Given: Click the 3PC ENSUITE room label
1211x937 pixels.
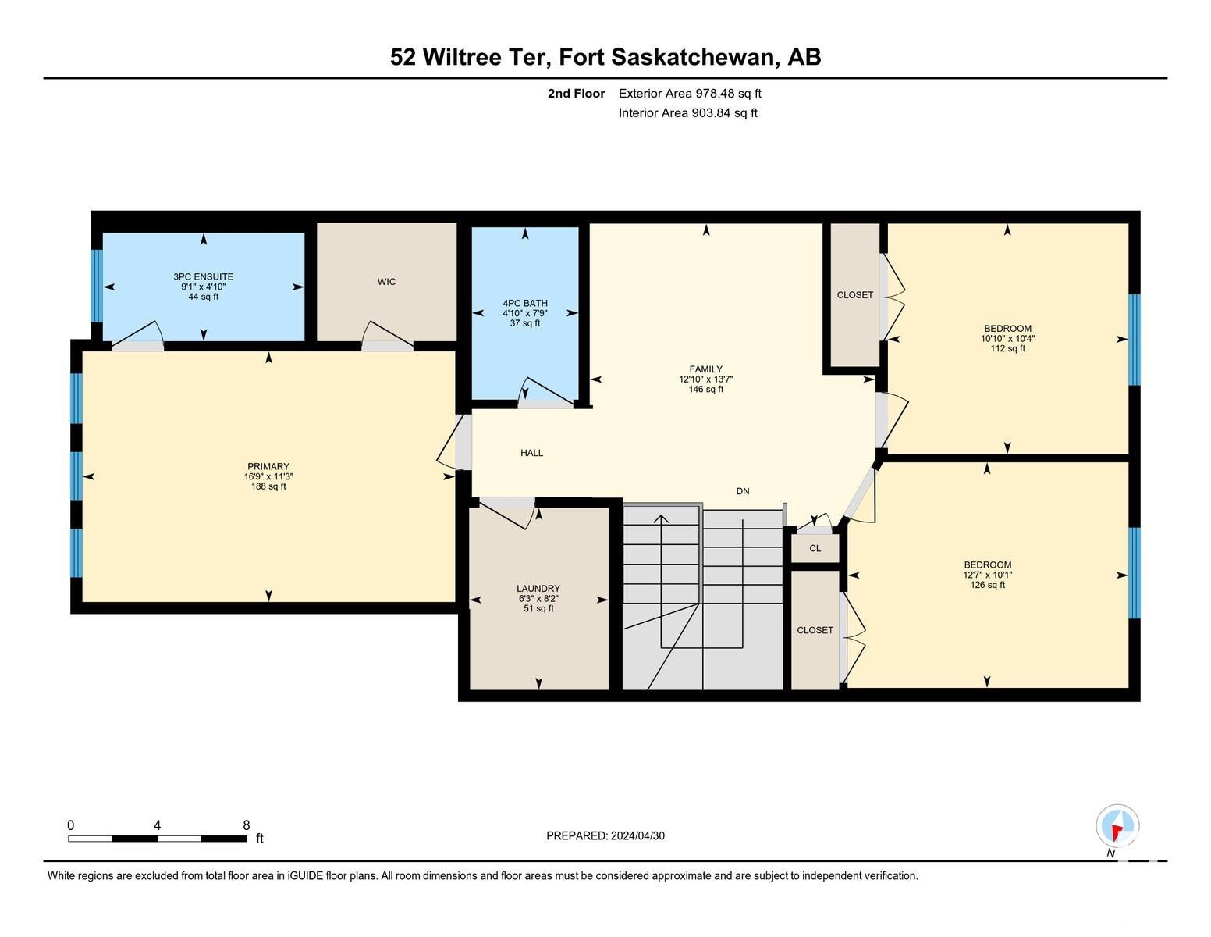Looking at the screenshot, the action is (x=203, y=276).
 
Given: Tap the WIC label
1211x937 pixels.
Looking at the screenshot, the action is (x=386, y=282).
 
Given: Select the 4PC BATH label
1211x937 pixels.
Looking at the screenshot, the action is (x=525, y=303).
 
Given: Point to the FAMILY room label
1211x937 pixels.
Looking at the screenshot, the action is (x=705, y=369).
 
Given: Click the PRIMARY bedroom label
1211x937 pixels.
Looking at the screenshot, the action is (x=268, y=467).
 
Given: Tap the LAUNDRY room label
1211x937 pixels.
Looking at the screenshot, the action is (x=538, y=589).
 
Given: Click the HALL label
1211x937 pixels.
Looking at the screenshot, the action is (x=531, y=453).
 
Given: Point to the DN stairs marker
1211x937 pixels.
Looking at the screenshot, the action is (x=742, y=491).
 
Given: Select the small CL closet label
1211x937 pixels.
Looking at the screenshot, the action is (x=815, y=548).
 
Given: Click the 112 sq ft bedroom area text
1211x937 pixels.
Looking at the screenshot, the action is (x=1007, y=349).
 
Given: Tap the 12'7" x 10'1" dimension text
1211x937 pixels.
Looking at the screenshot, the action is (x=988, y=575).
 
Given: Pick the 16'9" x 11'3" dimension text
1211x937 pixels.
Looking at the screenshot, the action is (x=268, y=476).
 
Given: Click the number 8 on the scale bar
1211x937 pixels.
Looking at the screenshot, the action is (x=247, y=825).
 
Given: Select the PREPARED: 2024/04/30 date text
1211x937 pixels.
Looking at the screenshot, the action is (x=605, y=835).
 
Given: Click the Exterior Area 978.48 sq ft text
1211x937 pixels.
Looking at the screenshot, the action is (x=689, y=94).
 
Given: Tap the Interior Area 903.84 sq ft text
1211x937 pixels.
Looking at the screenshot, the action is (x=687, y=113).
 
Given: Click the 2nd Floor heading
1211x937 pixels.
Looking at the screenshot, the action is (x=576, y=94).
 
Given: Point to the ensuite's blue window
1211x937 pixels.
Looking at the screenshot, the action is (x=97, y=285).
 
